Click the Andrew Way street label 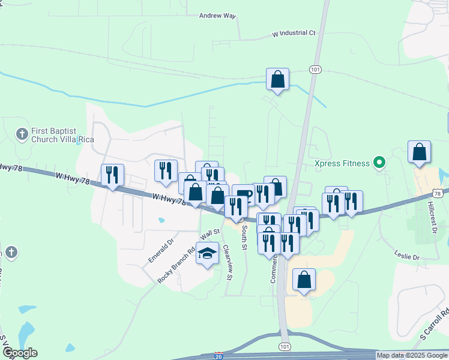pos(217,16)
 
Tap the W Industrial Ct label pos(294,33)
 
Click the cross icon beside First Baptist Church pos(22,134)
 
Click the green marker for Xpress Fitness pos(379,162)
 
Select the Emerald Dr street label pos(161,249)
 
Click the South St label pos(244,236)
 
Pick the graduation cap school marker pos(208,254)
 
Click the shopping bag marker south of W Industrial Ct pos(277,80)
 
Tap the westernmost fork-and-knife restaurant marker pos(112,176)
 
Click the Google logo pos(20,353)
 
